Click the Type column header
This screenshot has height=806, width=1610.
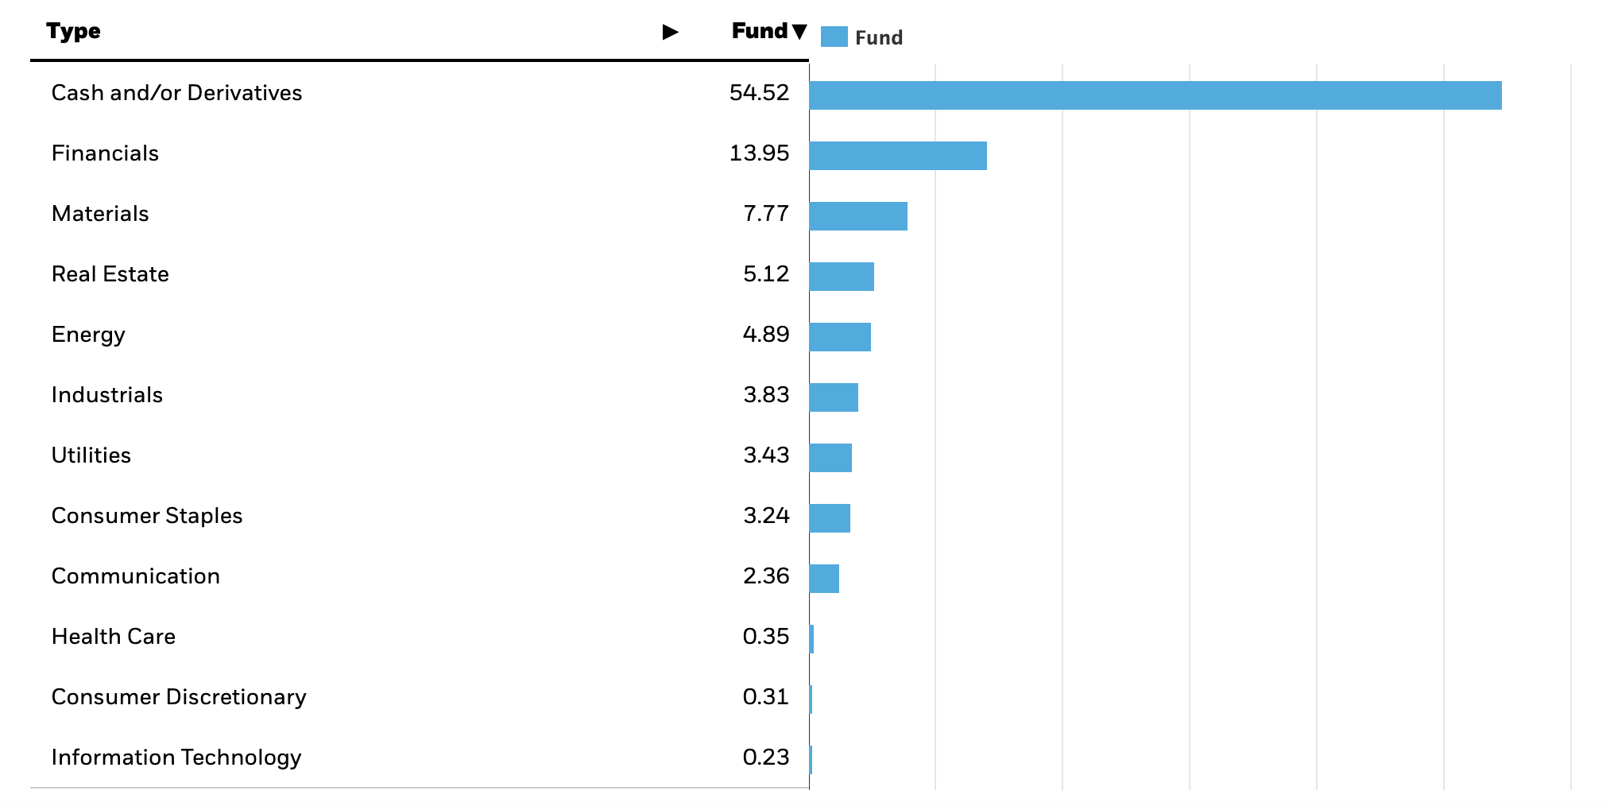click(73, 31)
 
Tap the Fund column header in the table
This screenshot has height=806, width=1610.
click(760, 31)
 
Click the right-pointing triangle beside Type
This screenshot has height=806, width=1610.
click(670, 32)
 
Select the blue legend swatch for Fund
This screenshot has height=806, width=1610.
click(834, 37)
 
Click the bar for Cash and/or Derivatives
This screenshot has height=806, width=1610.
click(1155, 95)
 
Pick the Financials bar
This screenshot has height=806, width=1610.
click(898, 156)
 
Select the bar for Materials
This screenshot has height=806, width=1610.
click(858, 216)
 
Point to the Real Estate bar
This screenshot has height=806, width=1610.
click(842, 277)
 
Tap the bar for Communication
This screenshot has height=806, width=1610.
click(824, 579)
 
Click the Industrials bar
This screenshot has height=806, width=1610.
click(834, 397)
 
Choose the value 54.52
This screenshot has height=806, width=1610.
click(759, 93)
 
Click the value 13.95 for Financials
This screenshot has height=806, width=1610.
click(759, 153)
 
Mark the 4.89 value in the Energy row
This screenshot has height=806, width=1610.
click(765, 335)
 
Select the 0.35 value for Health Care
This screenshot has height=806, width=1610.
click(765, 637)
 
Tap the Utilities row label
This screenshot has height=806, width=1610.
click(91, 455)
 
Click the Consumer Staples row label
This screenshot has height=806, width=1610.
click(147, 516)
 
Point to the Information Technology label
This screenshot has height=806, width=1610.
click(176, 758)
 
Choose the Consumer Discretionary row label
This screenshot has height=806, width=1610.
click(179, 697)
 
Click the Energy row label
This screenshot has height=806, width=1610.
click(88, 335)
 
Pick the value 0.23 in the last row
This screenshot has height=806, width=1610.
click(765, 758)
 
